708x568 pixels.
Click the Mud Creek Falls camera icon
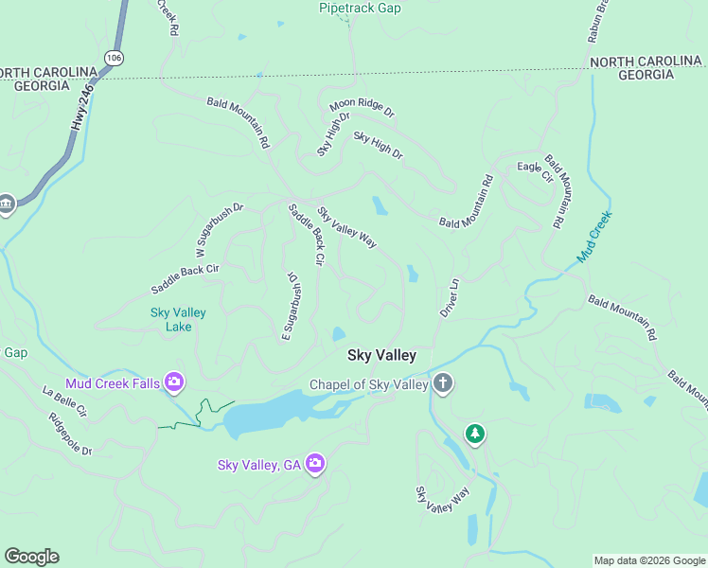pos(174,382)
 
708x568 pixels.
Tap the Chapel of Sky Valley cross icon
pos(442,384)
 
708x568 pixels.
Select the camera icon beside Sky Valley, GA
pos(315,464)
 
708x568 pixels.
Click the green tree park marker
pos(474,434)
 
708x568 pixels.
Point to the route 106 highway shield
pos(115,59)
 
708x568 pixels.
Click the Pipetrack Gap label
pos(359,9)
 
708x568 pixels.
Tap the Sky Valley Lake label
pos(178,320)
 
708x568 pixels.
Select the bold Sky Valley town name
pos(381,356)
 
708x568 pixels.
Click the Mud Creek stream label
pos(594,236)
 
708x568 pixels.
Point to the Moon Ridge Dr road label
pos(362,109)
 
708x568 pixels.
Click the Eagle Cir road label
pos(535,169)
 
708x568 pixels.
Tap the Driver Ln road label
pos(449,297)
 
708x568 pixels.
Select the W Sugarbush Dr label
pos(220,231)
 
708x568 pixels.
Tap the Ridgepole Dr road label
pos(71,435)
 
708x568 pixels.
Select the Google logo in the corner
pos(31,557)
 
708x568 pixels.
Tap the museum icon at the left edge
pos(6,204)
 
